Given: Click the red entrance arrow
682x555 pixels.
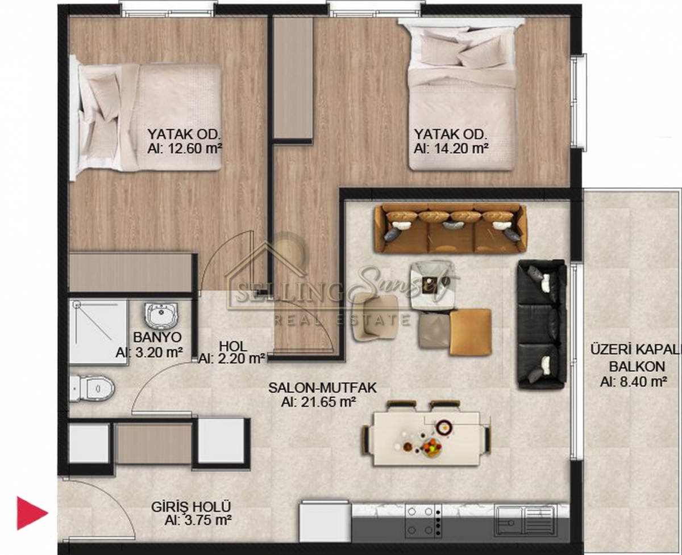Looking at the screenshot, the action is (x=31, y=513).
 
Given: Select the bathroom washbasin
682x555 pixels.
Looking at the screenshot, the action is (x=162, y=314).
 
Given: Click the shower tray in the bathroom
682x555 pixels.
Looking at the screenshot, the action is (x=99, y=332).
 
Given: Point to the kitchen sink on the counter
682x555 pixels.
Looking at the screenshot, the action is (x=525, y=520).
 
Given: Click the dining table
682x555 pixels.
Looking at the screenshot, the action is (x=427, y=439).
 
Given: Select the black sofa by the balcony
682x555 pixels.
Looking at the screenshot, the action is (x=542, y=324).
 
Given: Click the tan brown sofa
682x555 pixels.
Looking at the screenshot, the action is (x=450, y=229).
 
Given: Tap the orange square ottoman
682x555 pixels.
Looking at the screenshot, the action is (x=470, y=331).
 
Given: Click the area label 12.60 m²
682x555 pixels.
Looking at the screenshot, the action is (x=185, y=149).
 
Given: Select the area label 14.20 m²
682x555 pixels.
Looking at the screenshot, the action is (x=451, y=149).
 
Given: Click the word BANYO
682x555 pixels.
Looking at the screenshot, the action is (x=157, y=337).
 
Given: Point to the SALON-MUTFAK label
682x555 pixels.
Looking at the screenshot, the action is (x=323, y=388).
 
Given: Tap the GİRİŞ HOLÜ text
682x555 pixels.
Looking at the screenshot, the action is (x=191, y=507).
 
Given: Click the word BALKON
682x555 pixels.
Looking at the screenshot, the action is (x=637, y=367).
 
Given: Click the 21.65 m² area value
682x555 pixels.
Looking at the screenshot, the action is (x=319, y=402).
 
